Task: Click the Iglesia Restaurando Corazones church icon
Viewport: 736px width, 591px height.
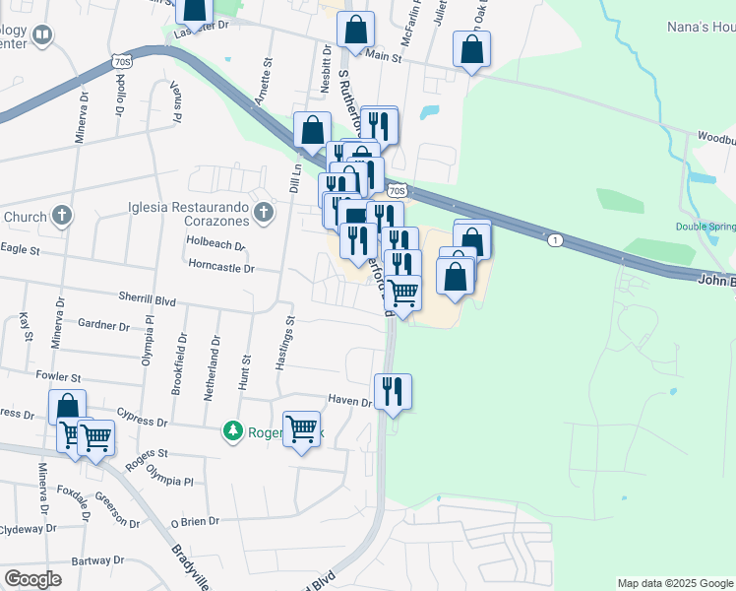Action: point(264,212)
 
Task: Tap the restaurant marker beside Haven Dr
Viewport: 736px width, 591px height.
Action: point(393,391)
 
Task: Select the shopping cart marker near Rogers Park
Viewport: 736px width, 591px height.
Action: point(302,428)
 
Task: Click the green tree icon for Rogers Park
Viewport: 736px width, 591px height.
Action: point(233,431)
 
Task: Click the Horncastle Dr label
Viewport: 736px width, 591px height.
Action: point(221,267)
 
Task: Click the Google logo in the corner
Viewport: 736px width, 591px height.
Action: point(32,579)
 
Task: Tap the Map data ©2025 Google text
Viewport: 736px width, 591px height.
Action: point(675,583)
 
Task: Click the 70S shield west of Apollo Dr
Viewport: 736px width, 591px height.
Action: point(122,61)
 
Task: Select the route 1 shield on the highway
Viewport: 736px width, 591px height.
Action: point(556,240)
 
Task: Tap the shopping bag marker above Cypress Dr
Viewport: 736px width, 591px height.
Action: point(67,407)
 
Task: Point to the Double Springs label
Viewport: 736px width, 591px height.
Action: point(705,227)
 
